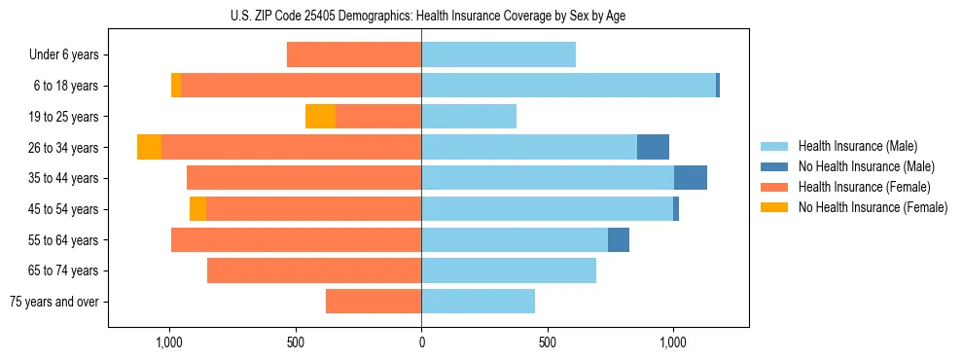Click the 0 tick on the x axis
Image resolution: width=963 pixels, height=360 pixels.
pyautogui.click(x=421, y=342)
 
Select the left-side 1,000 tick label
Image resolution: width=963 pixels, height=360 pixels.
pyautogui.click(x=169, y=342)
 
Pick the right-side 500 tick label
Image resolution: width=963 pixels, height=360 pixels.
pyautogui.click(x=548, y=342)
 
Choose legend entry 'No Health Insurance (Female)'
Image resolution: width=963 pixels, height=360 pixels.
pyautogui.click(x=873, y=207)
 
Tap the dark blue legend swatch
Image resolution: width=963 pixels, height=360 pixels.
pyautogui.click(x=776, y=166)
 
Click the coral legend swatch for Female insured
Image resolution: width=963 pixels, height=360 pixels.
pyautogui.click(x=776, y=187)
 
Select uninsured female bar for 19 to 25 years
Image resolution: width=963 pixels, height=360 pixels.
pyautogui.click(x=320, y=117)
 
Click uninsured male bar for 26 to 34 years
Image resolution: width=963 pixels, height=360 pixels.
pyautogui.click(x=653, y=147)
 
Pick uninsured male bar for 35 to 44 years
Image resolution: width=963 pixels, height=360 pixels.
pyautogui.click(x=691, y=178)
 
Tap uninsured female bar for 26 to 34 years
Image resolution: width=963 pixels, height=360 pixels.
pyautogui.click(x=149, y=147)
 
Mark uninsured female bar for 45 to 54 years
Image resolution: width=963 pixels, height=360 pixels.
pyautogui.click(x=197, y=209)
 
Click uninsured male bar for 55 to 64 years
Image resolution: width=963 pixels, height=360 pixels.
pyautogui.click(x=619, y=239)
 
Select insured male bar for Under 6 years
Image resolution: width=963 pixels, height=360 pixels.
pyautogui.click(x=498, y=55)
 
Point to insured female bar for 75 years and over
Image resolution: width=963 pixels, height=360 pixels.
pyautogui.click(x=374, y=302)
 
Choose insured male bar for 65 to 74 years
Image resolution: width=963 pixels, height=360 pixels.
pyautogui.click(x=509, y=270)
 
